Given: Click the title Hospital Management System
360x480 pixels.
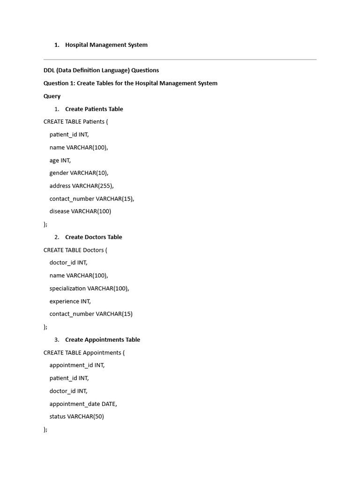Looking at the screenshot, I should [106, 45].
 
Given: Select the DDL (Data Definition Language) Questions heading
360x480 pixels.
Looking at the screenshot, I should [101, 70].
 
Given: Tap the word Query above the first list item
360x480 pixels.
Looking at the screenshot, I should [52, 96].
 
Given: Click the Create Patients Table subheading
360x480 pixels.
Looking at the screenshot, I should [94, 109].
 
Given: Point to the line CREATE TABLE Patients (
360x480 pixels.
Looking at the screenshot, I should [75, 122].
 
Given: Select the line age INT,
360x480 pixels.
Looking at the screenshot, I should [60, 160].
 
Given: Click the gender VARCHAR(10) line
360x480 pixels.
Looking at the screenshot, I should [79, 173].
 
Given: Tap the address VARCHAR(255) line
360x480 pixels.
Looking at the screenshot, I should [82, 186].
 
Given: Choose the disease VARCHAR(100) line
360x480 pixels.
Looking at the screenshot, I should [80, 211].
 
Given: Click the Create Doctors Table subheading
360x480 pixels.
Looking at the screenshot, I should [93, 237].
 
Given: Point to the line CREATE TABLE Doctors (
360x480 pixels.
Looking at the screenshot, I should [75, 250].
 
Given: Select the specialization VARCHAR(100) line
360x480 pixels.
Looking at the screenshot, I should [89, 288].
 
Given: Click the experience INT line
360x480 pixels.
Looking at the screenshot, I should [70, 301].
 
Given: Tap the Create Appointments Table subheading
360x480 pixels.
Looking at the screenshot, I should [102, 340].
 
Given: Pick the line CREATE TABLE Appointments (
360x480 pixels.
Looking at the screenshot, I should [84, 352].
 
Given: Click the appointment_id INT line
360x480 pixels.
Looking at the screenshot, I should [77, 365].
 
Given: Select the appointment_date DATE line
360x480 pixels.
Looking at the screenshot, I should [83, 404].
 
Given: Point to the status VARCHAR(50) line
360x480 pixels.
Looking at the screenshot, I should [76, 416].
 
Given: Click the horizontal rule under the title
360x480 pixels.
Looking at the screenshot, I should [180, 60].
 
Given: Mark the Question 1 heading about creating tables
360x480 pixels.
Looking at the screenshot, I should [130, 83].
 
